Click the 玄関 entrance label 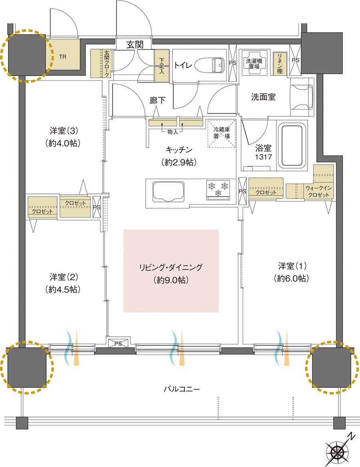135,45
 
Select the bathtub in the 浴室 292,146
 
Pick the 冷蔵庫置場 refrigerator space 222,133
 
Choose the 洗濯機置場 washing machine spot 254,63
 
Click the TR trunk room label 62,57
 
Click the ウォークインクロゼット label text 318,191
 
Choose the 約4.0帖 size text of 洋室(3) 63,143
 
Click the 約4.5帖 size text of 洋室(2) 63,289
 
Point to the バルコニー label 182,389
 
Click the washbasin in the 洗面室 302,97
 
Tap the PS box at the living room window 118,343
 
